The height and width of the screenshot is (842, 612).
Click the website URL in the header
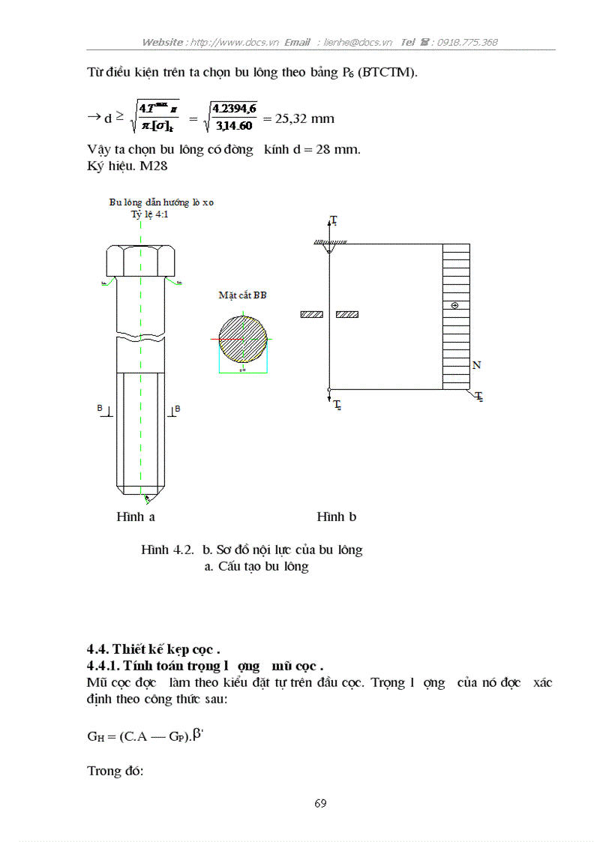pyautogui.click(x=233, y=43)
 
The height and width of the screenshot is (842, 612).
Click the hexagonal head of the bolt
pyautogui.click(x=140, y=260)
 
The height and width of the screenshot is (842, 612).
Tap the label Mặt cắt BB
pyautogui.click(x=242, y=295)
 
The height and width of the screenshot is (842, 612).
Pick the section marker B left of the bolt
pyautogui.click(x=100, y=409)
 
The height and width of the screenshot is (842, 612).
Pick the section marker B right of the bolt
pyautogui.click(x=177, y=409)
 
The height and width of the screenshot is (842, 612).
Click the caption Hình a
pyautogui.click(x=135, y=517)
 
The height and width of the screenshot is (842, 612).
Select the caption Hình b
pyautogui.click(x=336, y=517)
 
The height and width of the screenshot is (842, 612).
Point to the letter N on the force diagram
pyautogui.click(x=476, y=365)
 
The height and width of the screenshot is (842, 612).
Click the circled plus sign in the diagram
pyautogui.click(x=454, y=306)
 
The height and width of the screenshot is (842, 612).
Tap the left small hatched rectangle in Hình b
pyautogui.click(x=311, y=314)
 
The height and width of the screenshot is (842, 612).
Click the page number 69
pyautogui.click(x=320, y=804)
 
